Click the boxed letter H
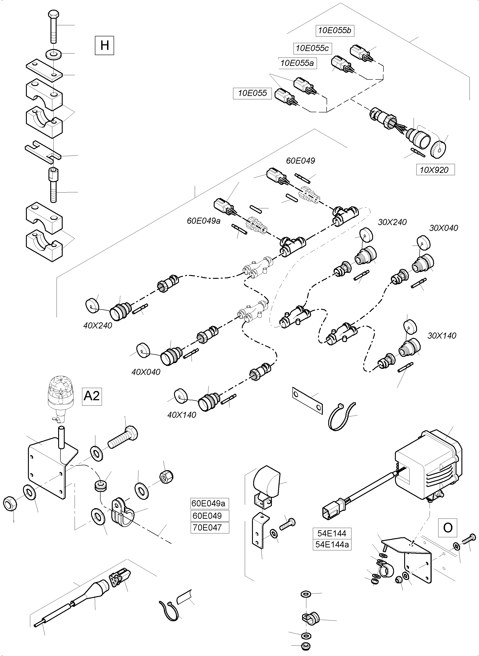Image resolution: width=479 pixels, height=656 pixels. [104, 45]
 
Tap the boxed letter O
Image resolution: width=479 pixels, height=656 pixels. [448, 528]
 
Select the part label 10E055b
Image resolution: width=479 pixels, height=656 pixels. [335, 30]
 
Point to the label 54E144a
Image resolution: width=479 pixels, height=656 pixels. [332, 544]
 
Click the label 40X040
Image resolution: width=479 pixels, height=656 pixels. [146, 372]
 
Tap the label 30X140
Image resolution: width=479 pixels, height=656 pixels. [442, 336]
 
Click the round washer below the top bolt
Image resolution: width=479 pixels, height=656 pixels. [53, 54]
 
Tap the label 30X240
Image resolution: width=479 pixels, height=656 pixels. [392, 222]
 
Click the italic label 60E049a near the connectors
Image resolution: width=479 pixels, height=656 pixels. [204, 221]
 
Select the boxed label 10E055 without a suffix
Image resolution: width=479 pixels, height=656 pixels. [252, 93]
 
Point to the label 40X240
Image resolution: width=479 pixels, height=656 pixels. [98, 326]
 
